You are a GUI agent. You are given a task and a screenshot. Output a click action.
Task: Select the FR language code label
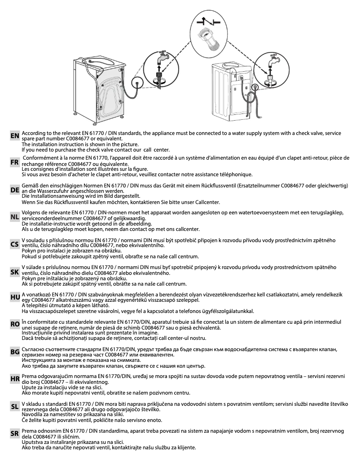(15, 164)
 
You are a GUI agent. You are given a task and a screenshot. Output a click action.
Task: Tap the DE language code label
(15, 190)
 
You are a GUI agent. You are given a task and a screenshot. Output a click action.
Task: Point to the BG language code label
(15, 352)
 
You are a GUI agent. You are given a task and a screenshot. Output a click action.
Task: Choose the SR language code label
(15, 434)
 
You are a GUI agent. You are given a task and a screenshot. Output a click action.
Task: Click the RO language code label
(15, 324)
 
